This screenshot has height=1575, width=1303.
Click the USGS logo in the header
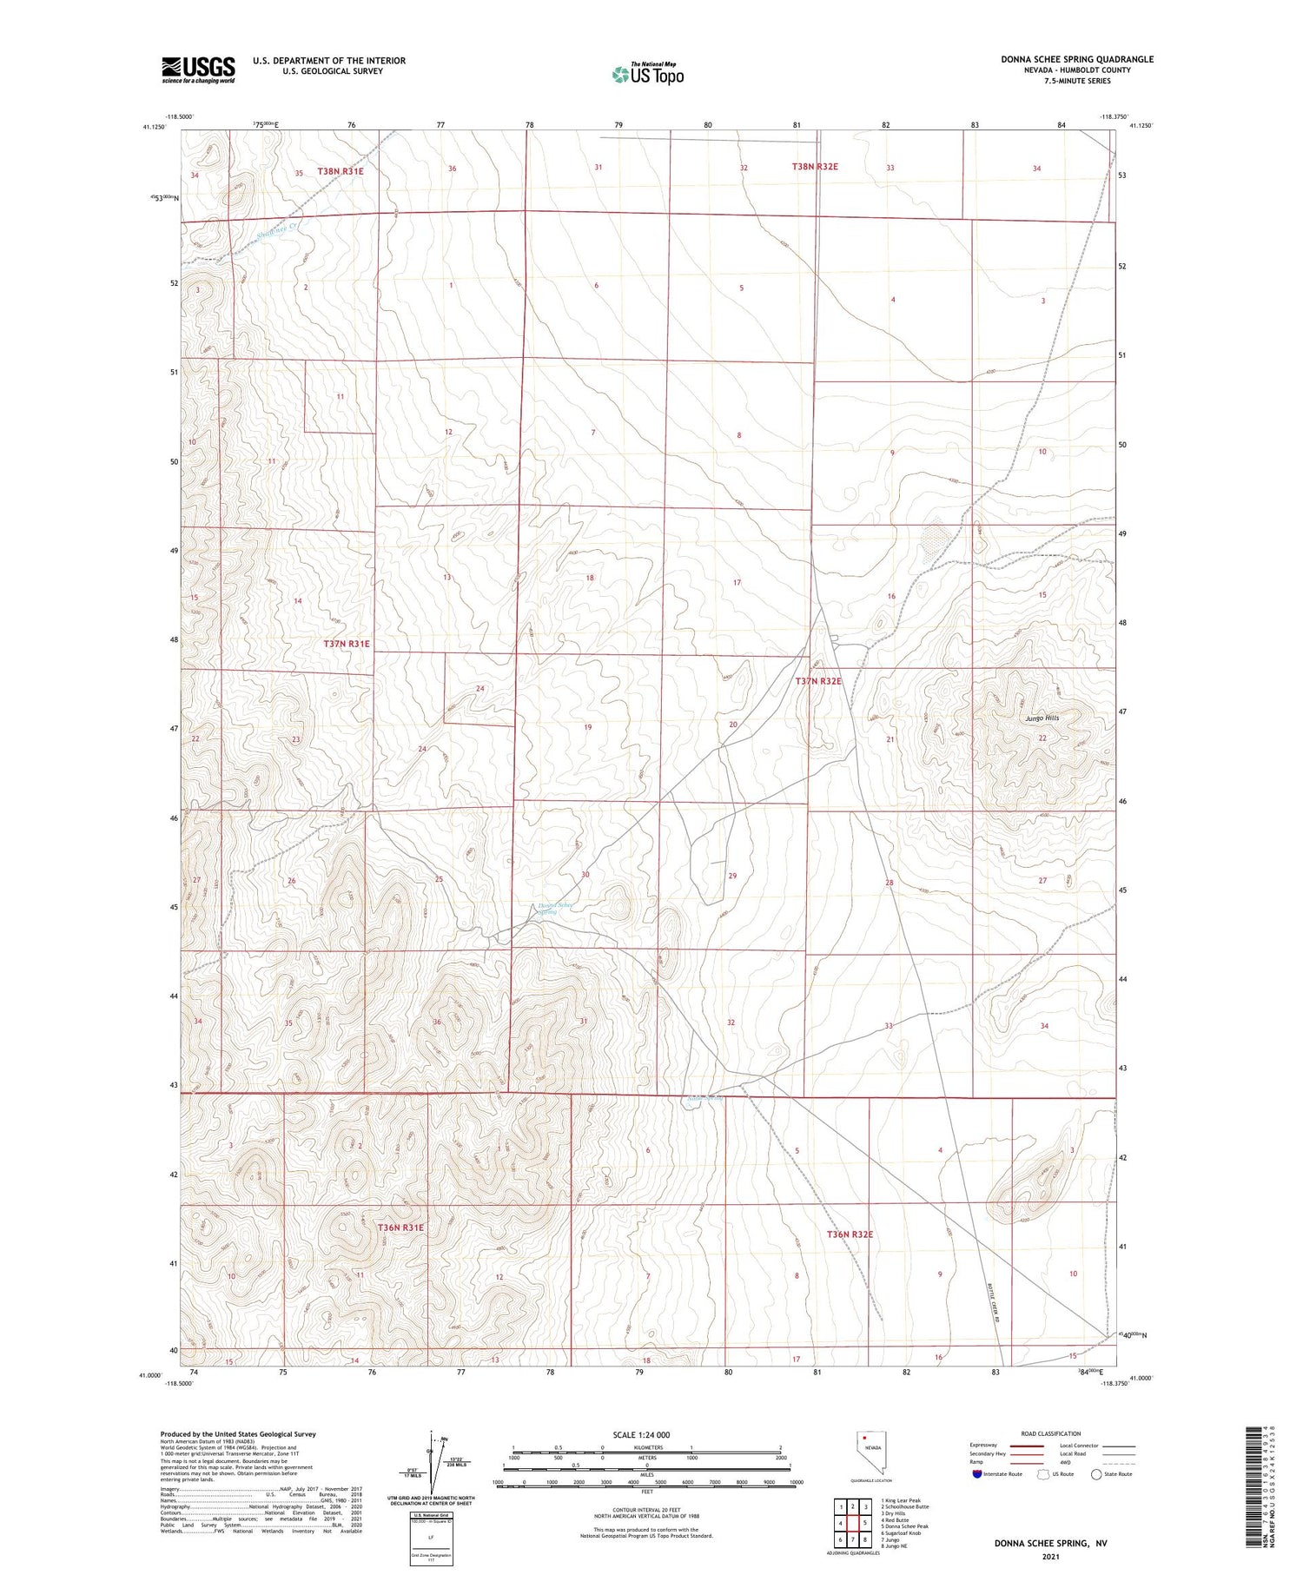click(x=198, y=69)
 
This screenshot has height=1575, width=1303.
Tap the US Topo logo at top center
click(x=648, y=75)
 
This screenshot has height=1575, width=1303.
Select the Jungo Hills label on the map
click(x=1042, y=718)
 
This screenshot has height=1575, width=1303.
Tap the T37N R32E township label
click(x=818, y=682)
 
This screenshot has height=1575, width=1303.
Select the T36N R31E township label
click(x=400, y=1228)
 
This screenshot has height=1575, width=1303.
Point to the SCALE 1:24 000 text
click(x=641, y=1434)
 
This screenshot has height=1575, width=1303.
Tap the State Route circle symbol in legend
click(x=1097, y=1474)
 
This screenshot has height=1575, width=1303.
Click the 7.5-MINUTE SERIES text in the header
click(x=1077, y=81)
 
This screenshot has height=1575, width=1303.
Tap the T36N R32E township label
click(x=850, y=1234)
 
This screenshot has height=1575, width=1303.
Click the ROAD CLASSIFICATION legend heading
click(x=1050, y=1433)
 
